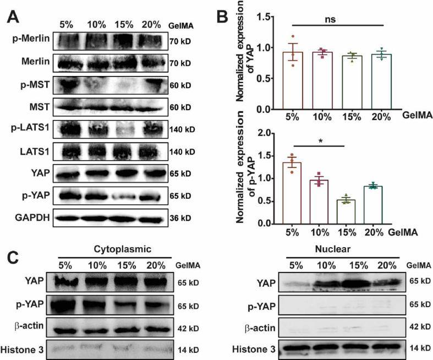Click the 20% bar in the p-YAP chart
(371, 205)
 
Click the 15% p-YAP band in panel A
(126, 197)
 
